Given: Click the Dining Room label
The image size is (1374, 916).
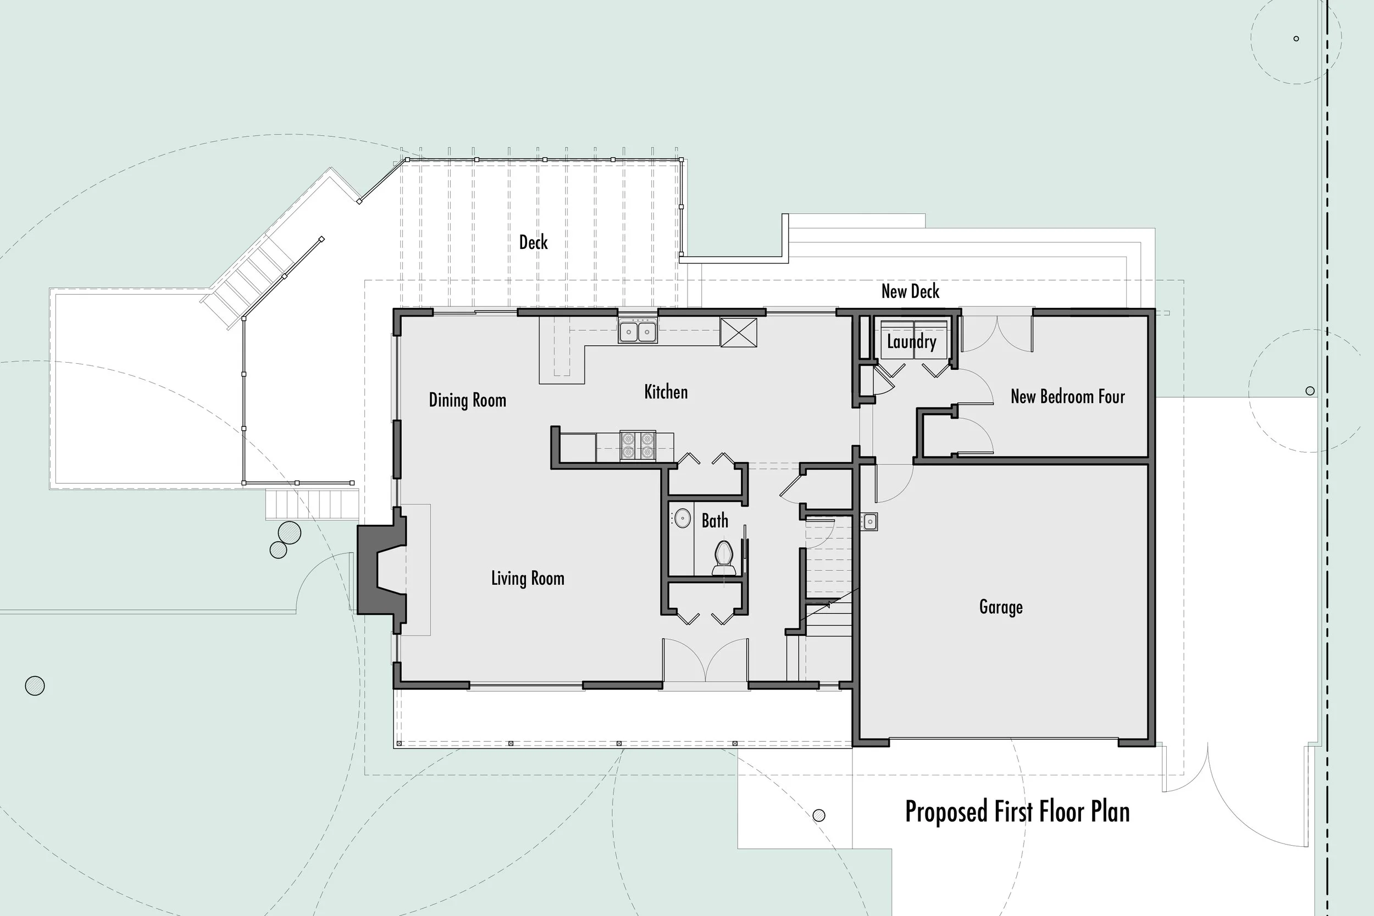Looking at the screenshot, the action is point(467,400).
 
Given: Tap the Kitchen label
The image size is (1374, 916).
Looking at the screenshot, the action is point(666,391).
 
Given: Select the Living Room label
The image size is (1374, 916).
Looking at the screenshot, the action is point(528,579).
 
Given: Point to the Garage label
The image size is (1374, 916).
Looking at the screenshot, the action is point(1001,607).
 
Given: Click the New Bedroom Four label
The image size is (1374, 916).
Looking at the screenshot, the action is point(1067,397).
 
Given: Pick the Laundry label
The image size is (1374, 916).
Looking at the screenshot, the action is point(911,342).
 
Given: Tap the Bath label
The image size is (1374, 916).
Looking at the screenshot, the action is point(714,520).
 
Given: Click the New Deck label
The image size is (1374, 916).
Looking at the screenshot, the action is point(910,291).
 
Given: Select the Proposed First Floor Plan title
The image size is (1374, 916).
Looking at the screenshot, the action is point(1017,812).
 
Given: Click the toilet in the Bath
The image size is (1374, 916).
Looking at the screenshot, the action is point(724,558).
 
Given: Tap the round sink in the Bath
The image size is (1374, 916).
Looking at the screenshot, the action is point(682,518).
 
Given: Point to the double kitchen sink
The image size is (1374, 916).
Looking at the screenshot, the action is point(638,332).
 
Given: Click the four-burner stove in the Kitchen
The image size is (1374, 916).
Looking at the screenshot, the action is point(638,446).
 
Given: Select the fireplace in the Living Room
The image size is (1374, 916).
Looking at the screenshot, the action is point(381,570).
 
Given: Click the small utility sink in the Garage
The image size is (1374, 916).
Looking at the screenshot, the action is point(869,521).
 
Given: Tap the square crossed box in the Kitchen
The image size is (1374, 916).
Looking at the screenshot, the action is point(739,332).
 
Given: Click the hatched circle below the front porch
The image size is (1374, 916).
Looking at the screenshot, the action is point(819,815).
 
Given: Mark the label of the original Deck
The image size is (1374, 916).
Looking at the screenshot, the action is point(533,242).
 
